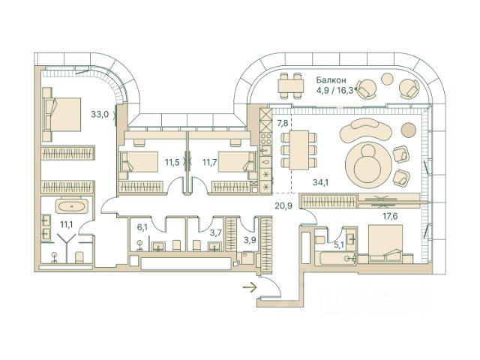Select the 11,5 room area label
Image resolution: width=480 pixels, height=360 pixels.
point(172,161)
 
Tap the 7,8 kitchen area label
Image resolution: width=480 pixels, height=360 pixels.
point(283,122)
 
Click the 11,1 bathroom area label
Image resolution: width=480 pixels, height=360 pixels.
point(66,223)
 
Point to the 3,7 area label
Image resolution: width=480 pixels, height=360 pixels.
point(215,233)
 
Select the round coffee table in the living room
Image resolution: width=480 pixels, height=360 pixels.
point(365,161)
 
